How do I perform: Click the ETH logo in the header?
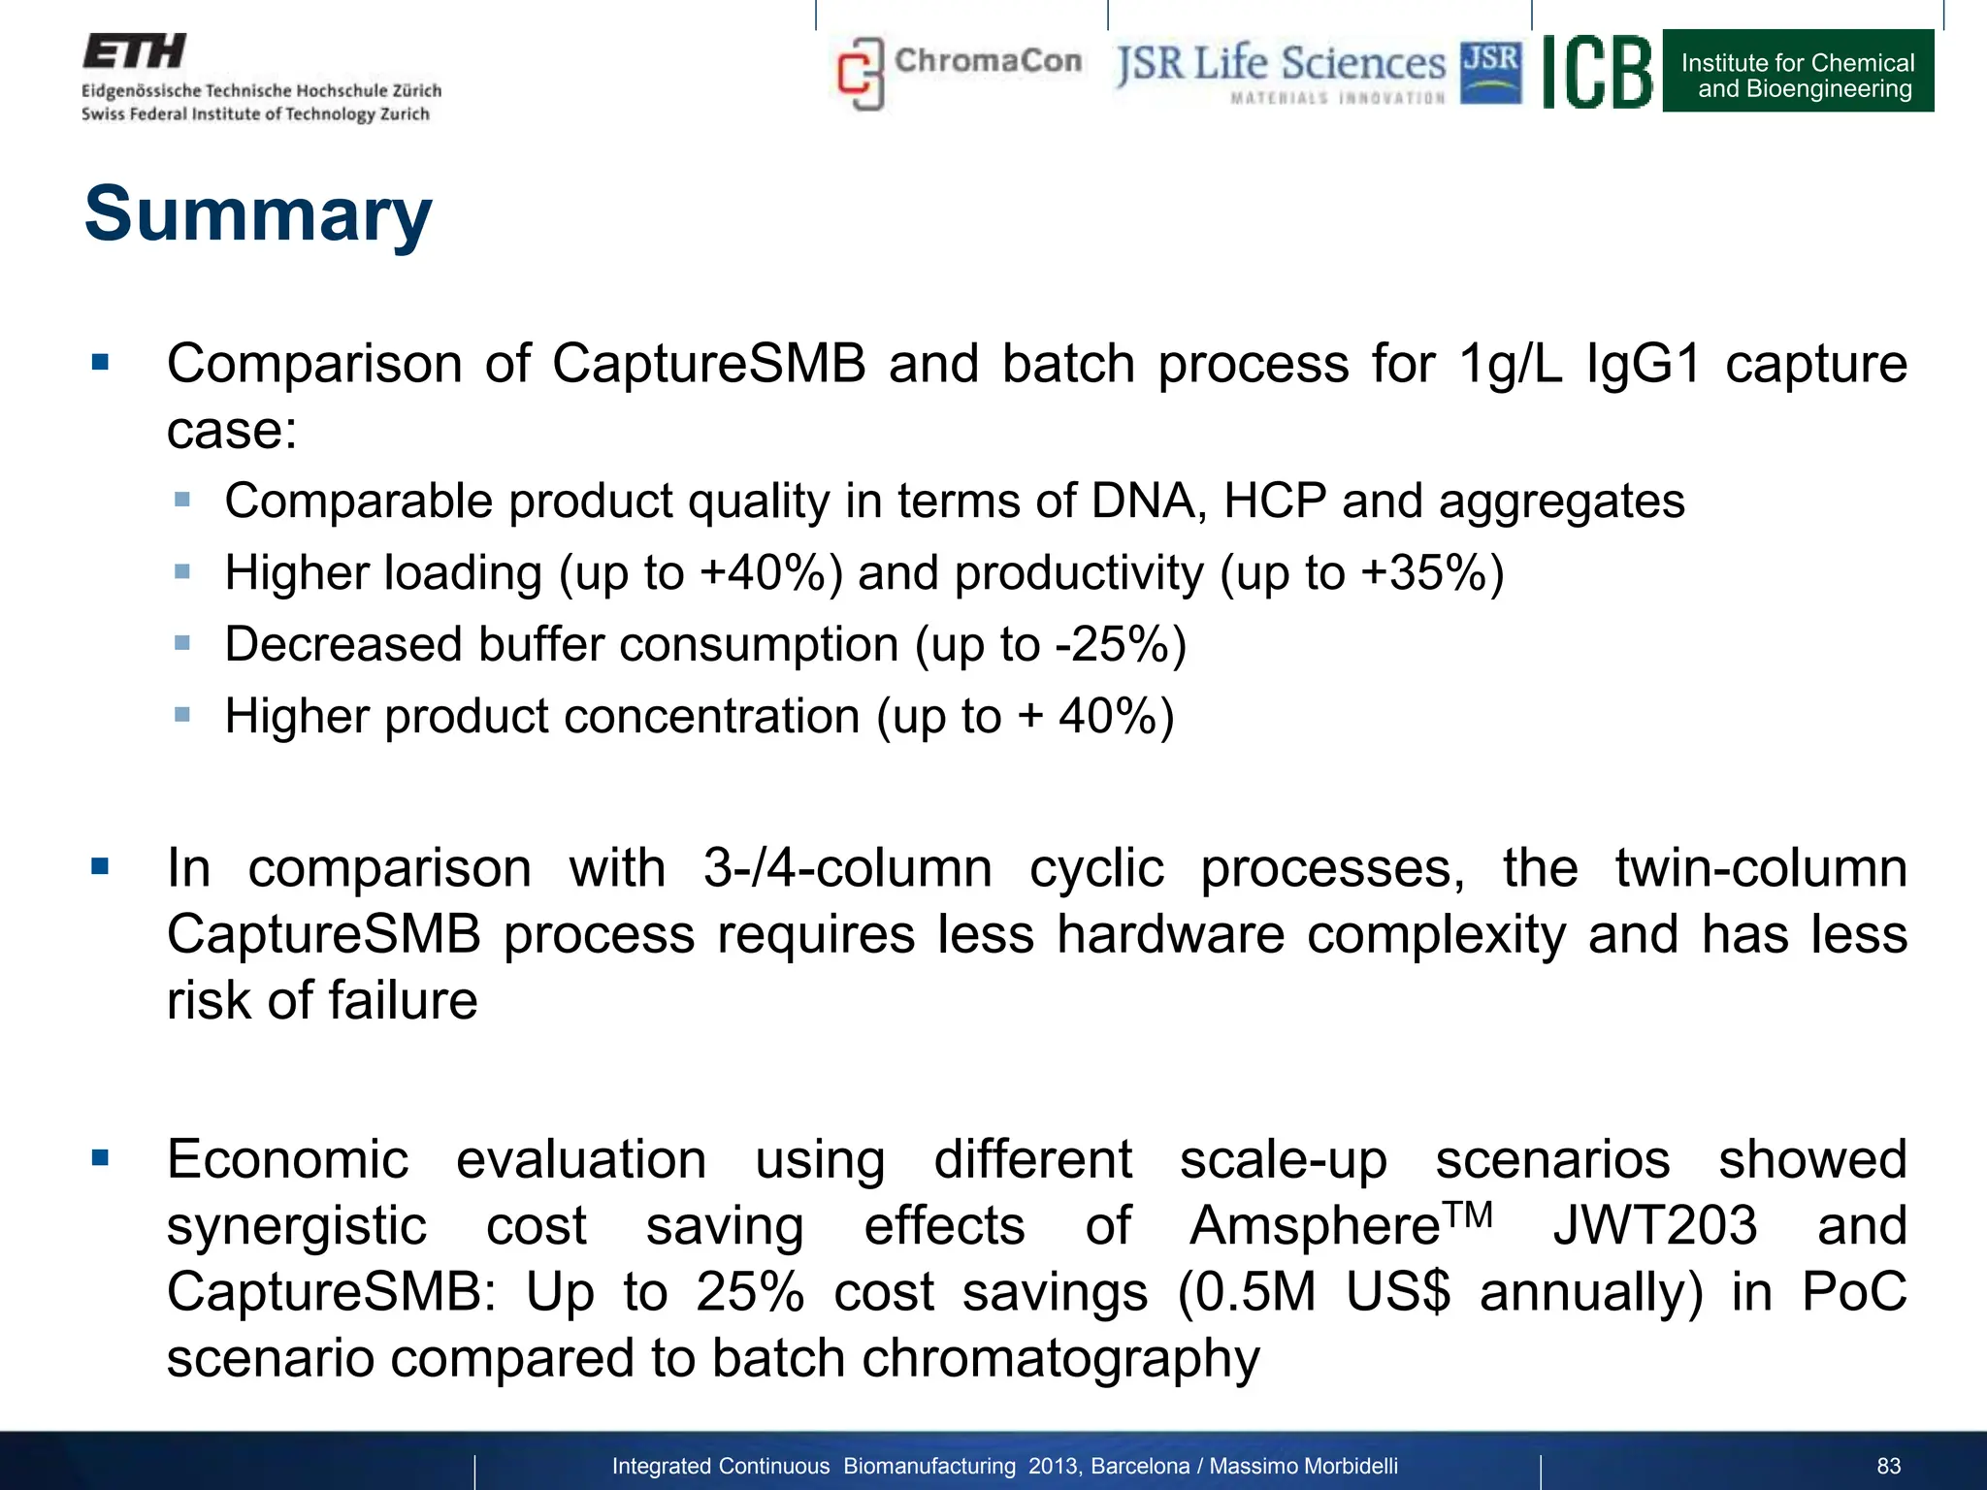(x=135, y=51)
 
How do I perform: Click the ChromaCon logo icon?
(x=861, y=74)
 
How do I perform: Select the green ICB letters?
(x=1597, y=72)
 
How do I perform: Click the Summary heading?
(x=258, y=214)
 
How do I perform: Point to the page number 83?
(x=1888, y=1466)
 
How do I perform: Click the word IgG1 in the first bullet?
(x=1644, y=365)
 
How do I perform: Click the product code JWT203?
(x=1654, y=1225)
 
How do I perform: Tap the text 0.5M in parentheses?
(x=1255, y=1292)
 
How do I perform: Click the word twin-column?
(x=1760, y=867)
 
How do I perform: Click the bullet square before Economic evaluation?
(x=100, y=1157)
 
